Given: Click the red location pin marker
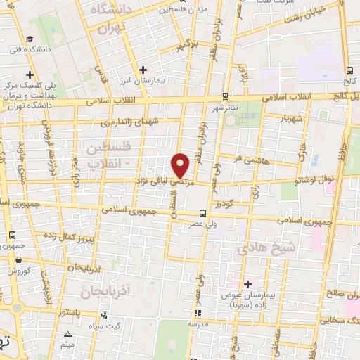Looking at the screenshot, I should pyautogui.click(x=181, y=164).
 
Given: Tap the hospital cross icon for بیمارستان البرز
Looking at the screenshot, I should pyautogui.click(x=143, y=69).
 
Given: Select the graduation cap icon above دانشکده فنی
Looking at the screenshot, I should pyautogui.click(x=30, y=39).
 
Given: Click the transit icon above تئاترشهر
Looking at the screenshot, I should pyautogui.click(x=224, y=96).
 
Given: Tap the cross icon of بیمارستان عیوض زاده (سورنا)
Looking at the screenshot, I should pyautogui.click(x=247, y=283).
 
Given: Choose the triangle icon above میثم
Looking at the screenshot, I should pyautogui.click(x=67, y=335).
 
